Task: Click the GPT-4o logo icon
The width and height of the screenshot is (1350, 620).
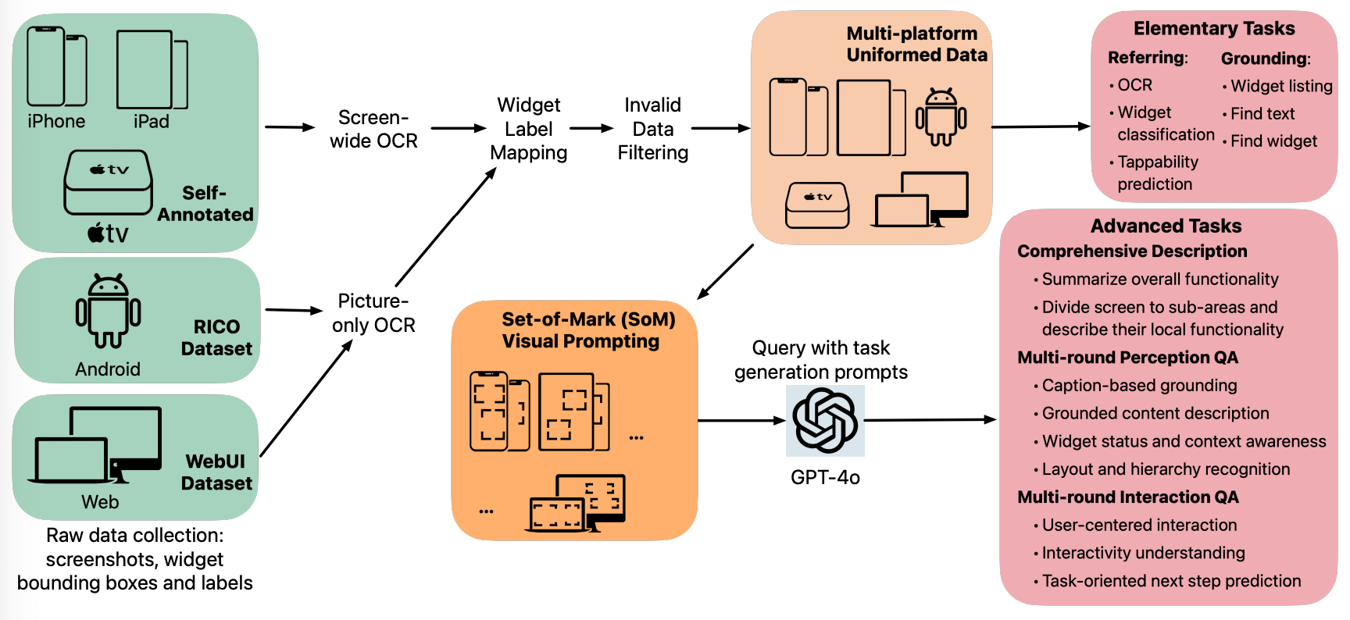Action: pyautogui.click(x=825, y=421)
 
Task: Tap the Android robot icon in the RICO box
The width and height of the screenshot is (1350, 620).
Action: pyautogui.click(x=108, y=311)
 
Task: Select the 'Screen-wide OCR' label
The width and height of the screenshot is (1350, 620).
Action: pyautogui.click(x=373, y=129)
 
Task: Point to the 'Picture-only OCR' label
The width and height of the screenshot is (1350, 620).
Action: pyautogui.click(x=373, y=313)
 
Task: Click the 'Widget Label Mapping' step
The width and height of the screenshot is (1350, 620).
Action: pyautogui.click(x=529, y=129)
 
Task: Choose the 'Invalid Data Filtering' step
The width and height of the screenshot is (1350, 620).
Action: pyautogui.click(x=653, y=129)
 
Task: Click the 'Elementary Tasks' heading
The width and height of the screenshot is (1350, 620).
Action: pyautogui.click(x=1214, y=29)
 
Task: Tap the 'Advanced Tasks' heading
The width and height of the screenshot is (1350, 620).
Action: pyautogui.click(x=1166, y=226)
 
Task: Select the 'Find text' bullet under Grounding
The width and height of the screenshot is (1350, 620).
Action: pyautogui.click(x=1262, y=114)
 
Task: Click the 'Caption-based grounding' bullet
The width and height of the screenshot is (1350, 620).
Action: pyautogui.click(x=1139, y=386)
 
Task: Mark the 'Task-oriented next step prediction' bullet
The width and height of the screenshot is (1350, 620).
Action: pyautogui.click(x=1171, y=581)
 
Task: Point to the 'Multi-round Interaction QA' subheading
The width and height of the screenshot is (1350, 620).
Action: pyautogui.click(x=1127, y=497)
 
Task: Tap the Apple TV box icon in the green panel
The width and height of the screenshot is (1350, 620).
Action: pyautogui.click(x=109, y=182)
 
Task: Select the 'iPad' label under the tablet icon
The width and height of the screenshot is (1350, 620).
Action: pyautogui.click(x=151, y=122)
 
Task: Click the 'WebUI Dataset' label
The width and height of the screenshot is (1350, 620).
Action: pyautogui.click(x=216, y=472)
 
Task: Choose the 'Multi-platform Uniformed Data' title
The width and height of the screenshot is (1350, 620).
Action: pyautogui.click(x=916, y=45)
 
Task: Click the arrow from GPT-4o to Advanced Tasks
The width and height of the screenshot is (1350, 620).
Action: pyautogui.click(x=930, y=420)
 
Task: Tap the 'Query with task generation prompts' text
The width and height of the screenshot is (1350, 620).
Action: pyautogui.click(x=821, y=360)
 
